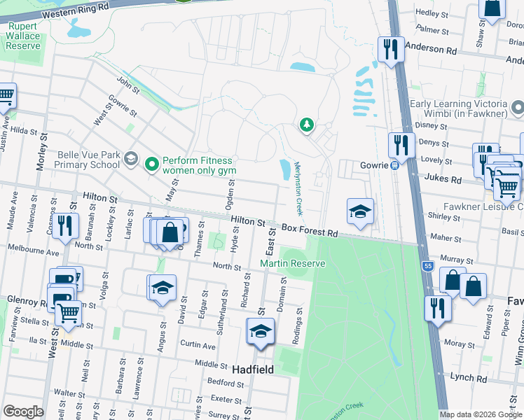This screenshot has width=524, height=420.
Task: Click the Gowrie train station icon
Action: pos(394,165)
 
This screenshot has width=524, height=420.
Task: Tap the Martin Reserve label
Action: pos(293,263)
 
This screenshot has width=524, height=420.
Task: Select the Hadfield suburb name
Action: pos(252,369)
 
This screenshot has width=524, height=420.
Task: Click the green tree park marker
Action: pos(306,125)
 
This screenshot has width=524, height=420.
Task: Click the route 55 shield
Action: pos(427,266)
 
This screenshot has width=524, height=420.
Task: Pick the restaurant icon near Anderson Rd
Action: pos(390,49)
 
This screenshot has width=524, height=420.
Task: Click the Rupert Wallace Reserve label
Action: pos(24,36)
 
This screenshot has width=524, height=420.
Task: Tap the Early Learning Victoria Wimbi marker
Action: pos(518,108)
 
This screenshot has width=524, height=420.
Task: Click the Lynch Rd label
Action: pos(469,377)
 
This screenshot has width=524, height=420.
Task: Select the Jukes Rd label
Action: pos(446,179)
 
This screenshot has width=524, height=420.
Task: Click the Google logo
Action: pos(23,412)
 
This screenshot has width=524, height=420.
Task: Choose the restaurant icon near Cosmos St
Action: pos(65,225)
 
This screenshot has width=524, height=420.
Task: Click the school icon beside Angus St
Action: pos(162,288)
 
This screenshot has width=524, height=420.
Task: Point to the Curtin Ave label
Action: pos(198,345)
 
